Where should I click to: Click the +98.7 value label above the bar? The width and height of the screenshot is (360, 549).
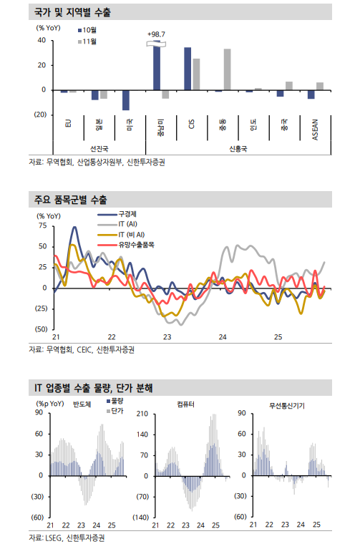click(x=156, y=34)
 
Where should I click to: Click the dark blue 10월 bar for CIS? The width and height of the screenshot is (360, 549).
click(x=188, y=69)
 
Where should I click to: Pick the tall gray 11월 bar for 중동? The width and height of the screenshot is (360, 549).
click(x=227, y=69)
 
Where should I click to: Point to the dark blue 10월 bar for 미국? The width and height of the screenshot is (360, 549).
click(x=126, y=100)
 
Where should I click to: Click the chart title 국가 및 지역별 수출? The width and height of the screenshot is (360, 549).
click(x=72, y=13)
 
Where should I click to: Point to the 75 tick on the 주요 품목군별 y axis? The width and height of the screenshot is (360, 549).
click(x=42, y=225)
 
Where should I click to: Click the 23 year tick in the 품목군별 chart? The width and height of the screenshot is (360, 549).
click(x=167, y=336)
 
